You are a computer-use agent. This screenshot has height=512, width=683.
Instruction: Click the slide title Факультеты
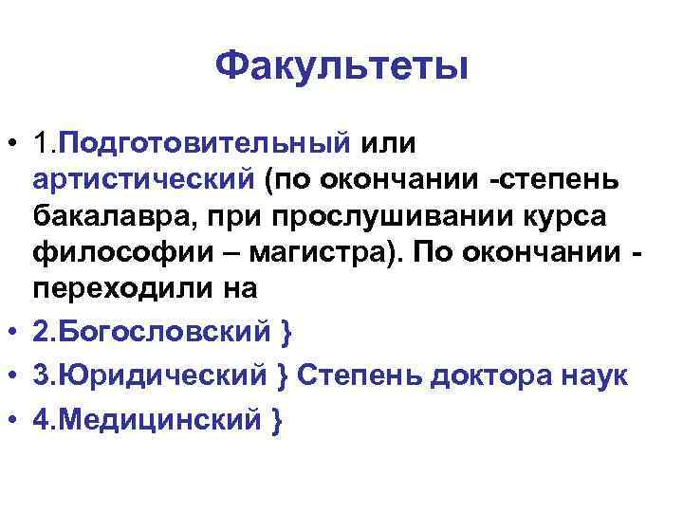[341, 66]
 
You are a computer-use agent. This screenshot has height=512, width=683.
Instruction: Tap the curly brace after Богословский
[286, 333]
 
